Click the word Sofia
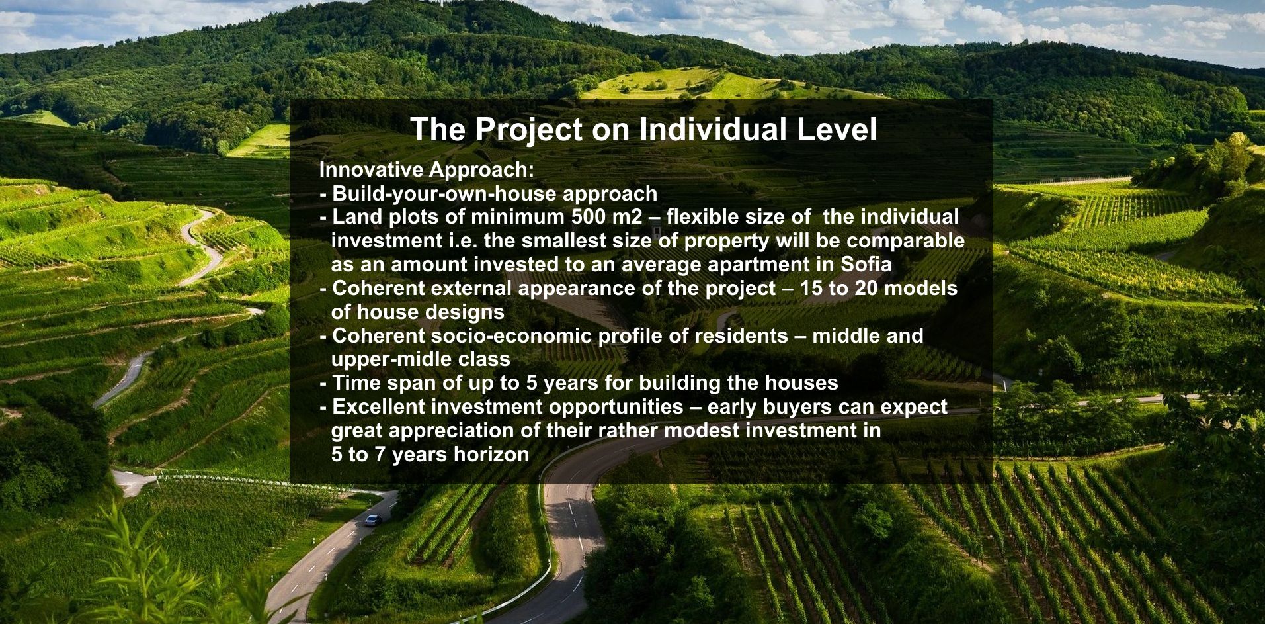coord(866,265)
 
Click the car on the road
coord(372,520)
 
